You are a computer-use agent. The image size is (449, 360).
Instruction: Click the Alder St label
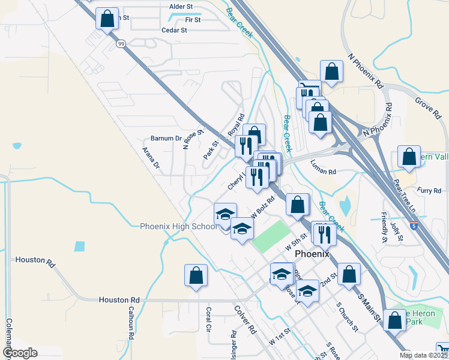[181, 7]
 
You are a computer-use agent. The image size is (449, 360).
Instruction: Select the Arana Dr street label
[151, 157]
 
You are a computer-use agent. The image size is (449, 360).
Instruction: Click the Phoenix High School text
[179, 226]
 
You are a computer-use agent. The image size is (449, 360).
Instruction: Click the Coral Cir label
[208, 320]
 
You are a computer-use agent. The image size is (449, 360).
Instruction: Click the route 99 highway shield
[121, 44]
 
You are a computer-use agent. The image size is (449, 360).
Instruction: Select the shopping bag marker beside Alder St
[107, 19]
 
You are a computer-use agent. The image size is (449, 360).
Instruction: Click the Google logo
[20, 353]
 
